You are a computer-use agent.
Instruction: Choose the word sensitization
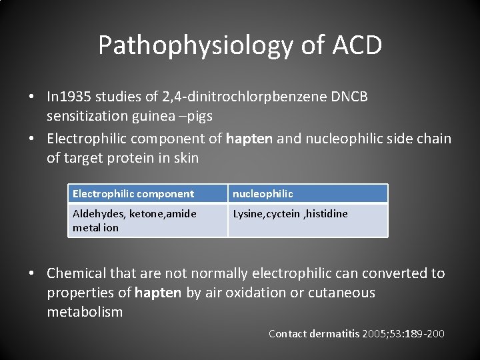(89, 116)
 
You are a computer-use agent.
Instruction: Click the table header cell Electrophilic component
(133, 194)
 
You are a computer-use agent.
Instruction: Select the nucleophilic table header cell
(262, 194)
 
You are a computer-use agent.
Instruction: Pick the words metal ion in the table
(95, 227)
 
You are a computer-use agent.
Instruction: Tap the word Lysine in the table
(248, 213)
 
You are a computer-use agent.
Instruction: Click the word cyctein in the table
(283, 213)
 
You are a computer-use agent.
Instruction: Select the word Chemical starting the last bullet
(75, 273)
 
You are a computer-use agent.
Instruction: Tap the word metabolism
(85, 312)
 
